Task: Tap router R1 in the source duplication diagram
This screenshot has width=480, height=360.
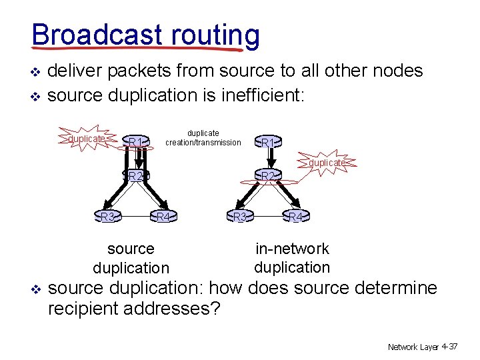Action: coord(136,141)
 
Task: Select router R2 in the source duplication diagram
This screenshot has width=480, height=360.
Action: coord(137,176)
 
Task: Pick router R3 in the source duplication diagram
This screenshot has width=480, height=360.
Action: coord(106,217)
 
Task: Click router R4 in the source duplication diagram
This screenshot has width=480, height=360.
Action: coord(163,217)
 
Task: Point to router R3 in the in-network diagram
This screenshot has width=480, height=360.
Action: coord(239,217)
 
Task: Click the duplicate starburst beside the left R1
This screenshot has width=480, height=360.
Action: coord(86,139)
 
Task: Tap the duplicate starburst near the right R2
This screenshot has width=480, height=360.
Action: coord(327,163)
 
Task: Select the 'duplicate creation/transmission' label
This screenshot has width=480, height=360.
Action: coord(203,138)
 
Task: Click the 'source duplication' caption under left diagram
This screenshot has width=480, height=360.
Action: coord(131,259)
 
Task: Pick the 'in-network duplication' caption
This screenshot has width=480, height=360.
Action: coord(292,258)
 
